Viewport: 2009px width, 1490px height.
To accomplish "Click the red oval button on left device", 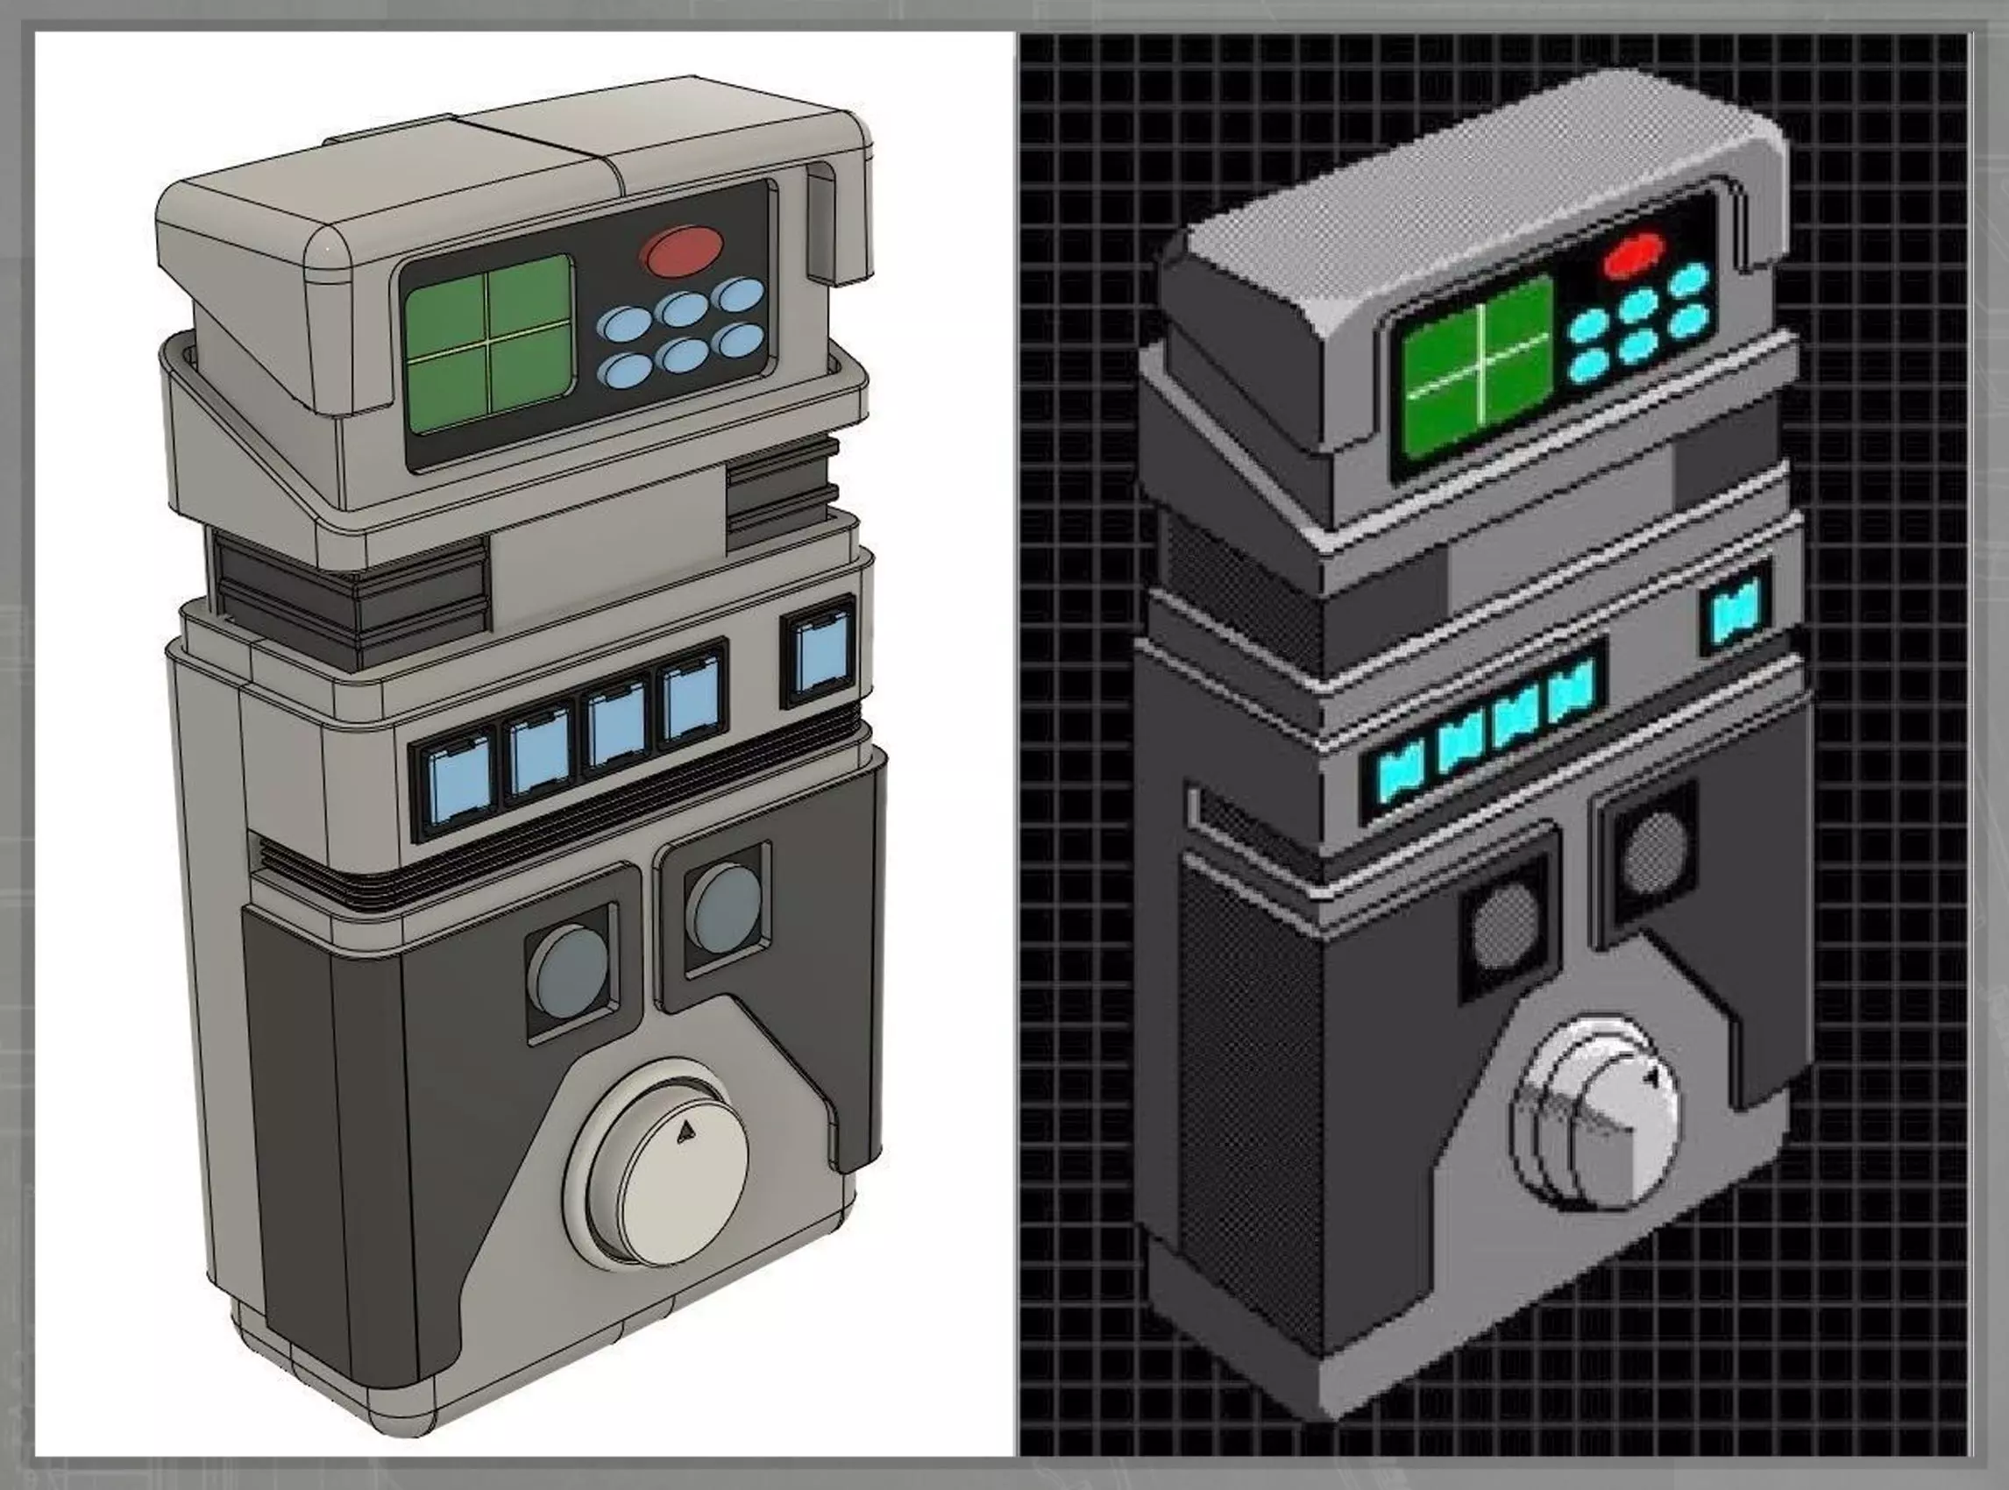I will pos(683,250).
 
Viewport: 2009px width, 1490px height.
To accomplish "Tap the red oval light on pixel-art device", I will pos(1633,255).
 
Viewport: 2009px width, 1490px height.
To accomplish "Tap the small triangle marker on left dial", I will pos(686,1129).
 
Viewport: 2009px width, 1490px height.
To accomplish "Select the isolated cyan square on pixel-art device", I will pos(1735,616).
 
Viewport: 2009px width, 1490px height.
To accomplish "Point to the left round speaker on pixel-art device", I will pos(1505,926).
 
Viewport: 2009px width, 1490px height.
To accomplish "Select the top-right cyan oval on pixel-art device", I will pos(1688,279).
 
